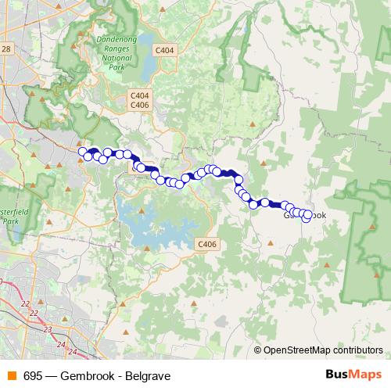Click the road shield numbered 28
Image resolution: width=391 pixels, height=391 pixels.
pos(6,49)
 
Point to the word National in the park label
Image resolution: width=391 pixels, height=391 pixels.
pos(115,57)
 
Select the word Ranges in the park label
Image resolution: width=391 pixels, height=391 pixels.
pos(115,48)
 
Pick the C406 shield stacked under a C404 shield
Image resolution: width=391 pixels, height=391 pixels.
pos(139,105)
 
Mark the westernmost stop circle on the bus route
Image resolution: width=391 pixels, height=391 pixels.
pos(82,152)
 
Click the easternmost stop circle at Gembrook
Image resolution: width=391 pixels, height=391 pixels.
pos(307,217)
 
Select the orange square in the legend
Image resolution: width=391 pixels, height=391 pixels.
pos(12,376)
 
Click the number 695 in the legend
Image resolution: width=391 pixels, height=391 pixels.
pos(33,376)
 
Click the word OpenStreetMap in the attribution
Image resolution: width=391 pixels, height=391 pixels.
pos(297,351)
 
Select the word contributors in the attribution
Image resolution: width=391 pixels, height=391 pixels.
pos(357,351)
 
